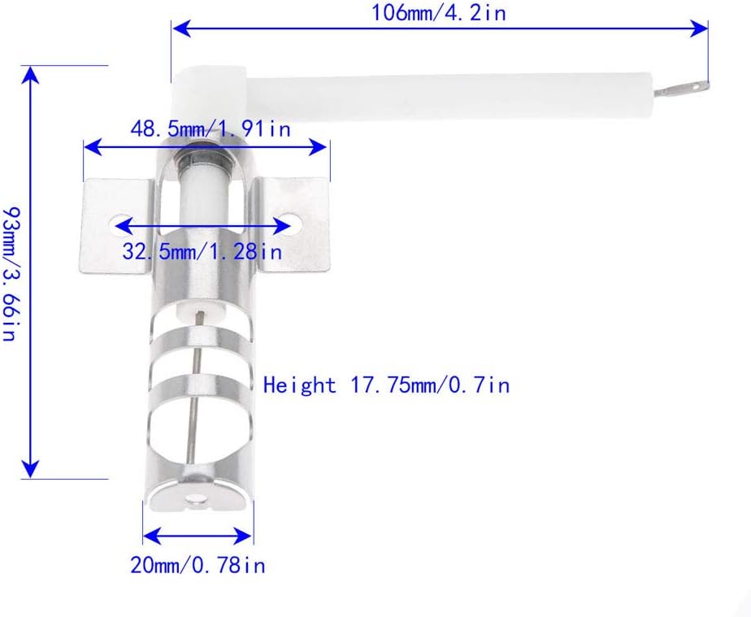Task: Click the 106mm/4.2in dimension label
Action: tap(439, 12)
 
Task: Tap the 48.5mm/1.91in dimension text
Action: tap(211, 129)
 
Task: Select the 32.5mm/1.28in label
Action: tap(202, 251)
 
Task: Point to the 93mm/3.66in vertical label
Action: tap(10, 273)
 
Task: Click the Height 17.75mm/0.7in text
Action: tap(386, 385)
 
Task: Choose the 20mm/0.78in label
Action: tap(198, 565)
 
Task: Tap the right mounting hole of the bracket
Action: tap(291, 224)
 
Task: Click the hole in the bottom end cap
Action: tap(197, 502)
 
